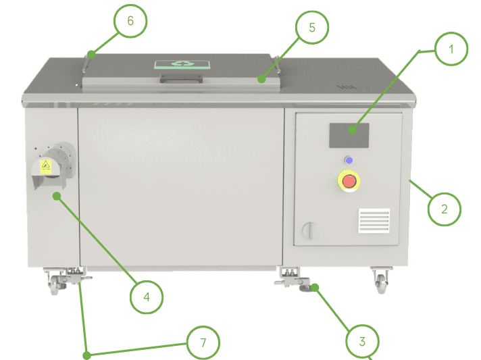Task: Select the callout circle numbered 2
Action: tap(444, 208)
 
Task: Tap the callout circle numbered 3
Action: tap(362, 340)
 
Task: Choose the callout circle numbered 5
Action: tap(312, 28)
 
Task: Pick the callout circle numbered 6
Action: tap(130, 21)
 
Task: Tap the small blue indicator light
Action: tap(349, 160)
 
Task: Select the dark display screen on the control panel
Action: tap(349, 135)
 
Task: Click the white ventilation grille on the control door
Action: tap(374, 220)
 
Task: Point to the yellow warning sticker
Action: tap(46, 167)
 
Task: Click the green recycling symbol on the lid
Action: tap(180, 65)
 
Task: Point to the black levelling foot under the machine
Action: tap(308, 289)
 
